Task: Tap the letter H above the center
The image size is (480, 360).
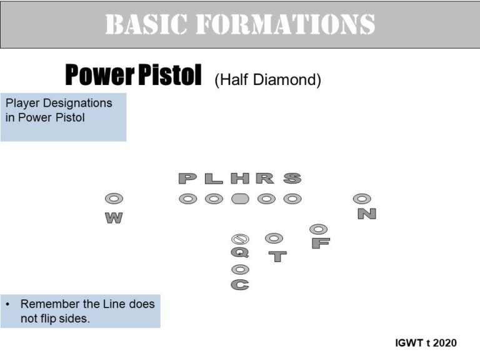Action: [x=240, y=179]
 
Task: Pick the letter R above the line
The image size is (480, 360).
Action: [x=265, y=179]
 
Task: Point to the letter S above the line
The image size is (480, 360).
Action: [x=292, y=179]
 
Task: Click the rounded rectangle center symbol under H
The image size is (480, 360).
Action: [x=240, y=199]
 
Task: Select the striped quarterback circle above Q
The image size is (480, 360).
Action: [x=240, y=239]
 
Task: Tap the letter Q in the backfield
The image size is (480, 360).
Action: [x=240, y=253]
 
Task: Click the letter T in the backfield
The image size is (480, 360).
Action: [x=277, y=256]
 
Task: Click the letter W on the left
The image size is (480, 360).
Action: [x=114, y=218]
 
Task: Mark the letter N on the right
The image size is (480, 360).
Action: [x=367, y=214]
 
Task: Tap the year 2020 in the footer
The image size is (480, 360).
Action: [x=445, y=343]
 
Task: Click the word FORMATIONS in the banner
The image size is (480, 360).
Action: [x=285, y=24]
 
